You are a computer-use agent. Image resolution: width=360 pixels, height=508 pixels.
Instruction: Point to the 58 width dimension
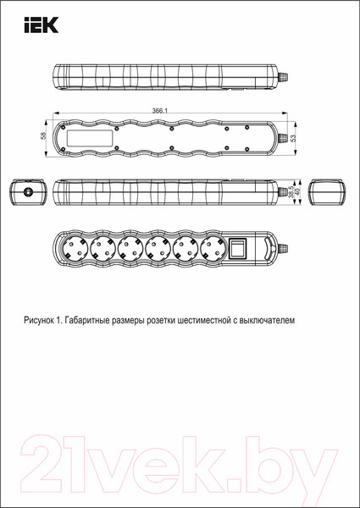(43, 136)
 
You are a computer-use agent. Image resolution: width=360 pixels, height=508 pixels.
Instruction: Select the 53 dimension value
(293, 136)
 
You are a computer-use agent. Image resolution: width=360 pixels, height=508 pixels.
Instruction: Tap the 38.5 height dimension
(291, 193)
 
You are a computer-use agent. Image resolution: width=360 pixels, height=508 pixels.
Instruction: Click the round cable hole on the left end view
(30, 193)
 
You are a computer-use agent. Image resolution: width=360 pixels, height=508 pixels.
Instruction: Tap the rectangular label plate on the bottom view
(91, 136)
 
